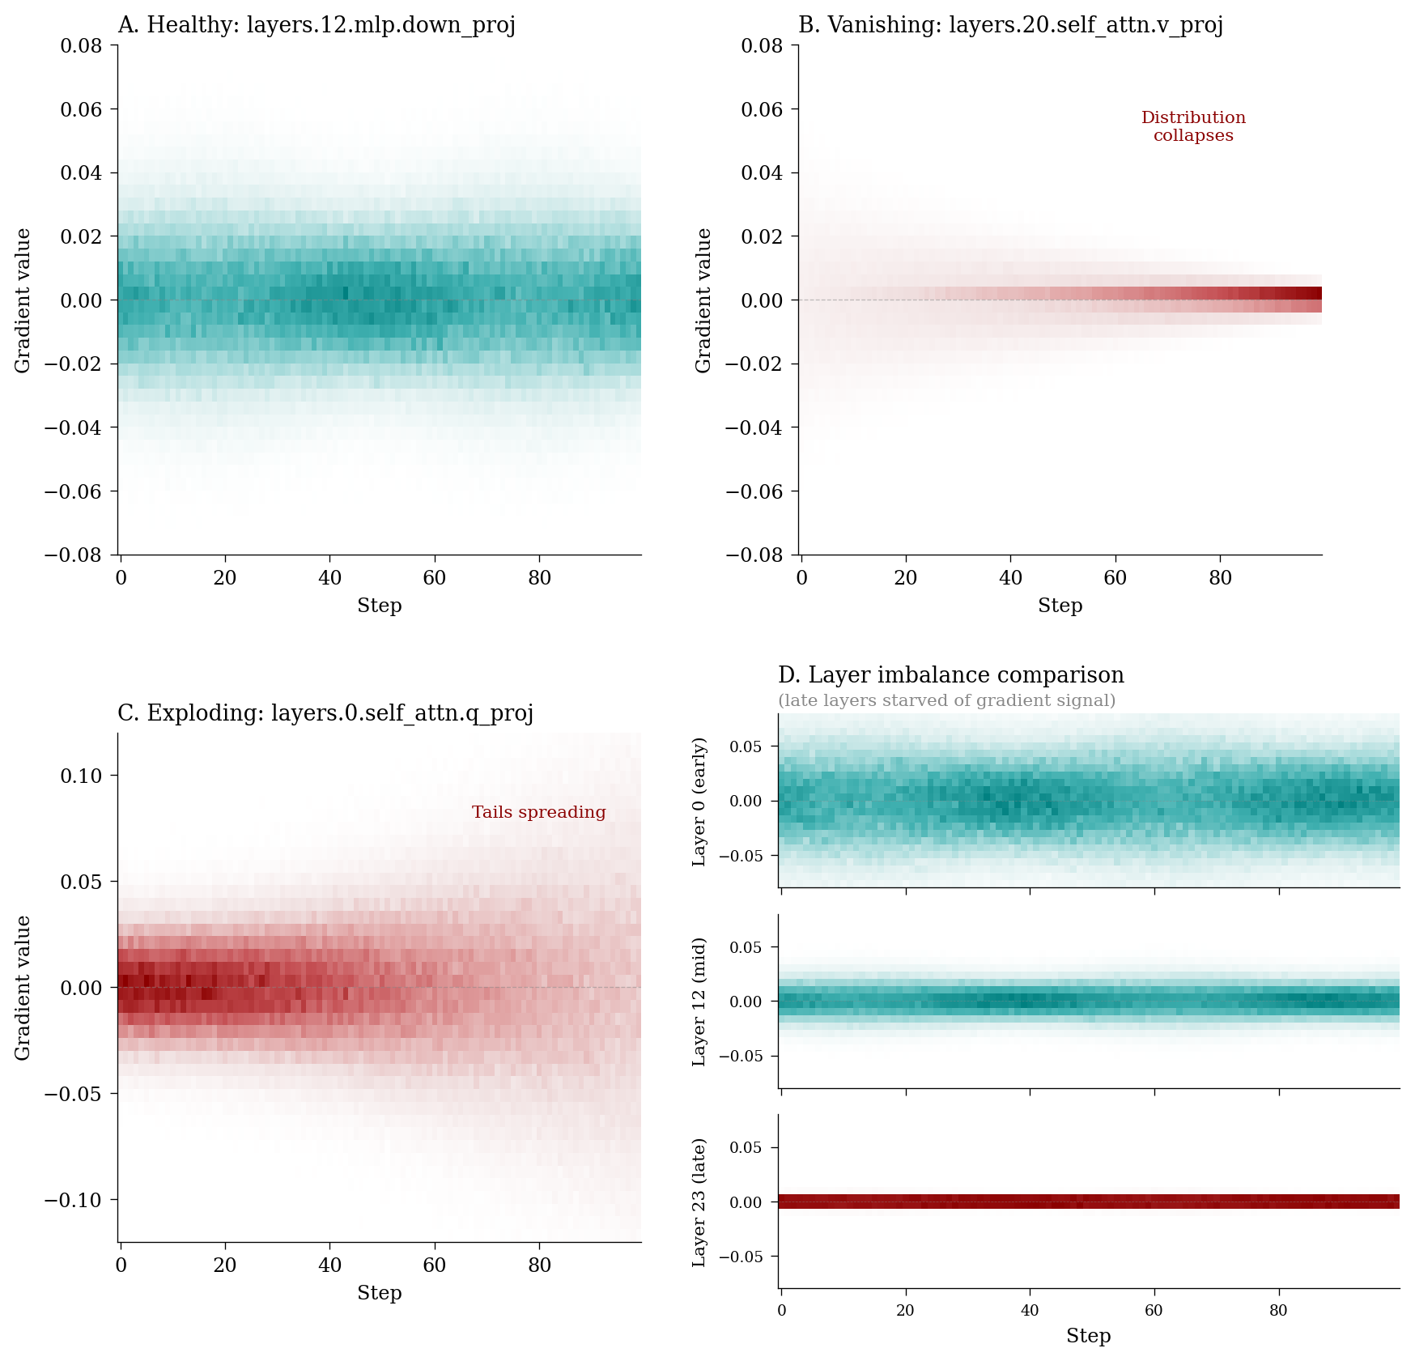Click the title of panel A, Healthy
point(317,25)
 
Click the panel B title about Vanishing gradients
point(1010,25)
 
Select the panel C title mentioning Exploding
point(325,713)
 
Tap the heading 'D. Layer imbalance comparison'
point(951,675)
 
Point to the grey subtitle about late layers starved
point(946,700)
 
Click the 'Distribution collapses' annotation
point(1193,126)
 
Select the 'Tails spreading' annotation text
point(539,812)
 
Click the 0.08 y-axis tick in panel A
point(82,45)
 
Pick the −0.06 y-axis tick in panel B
point(755,491)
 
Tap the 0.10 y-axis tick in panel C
point(82,776)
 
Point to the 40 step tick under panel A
point(329,578)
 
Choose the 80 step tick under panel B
point(1220,578)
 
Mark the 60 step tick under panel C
point(435,1265)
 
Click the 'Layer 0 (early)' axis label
point(700,802)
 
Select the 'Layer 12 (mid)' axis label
point(700,1002)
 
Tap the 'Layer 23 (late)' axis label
point(700,1202)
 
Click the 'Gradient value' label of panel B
point(703,300)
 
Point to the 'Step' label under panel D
point(1088,1336)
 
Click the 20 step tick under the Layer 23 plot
point(905,1311)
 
